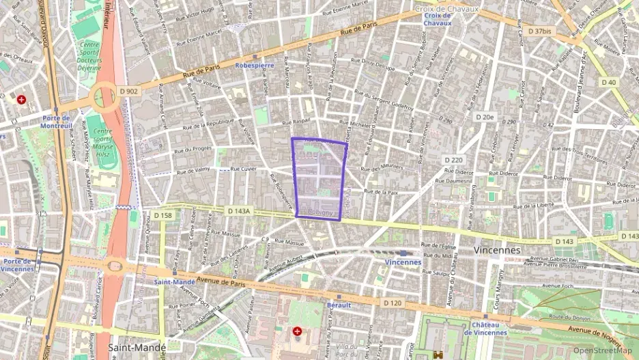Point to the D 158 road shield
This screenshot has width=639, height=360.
(x=163, y=215)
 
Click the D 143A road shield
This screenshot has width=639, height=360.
(x=242, y=212)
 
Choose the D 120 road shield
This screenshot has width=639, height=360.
(x=392, y=303)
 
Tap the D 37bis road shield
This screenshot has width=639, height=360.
(x=539, y=31)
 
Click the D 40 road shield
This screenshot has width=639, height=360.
(x=608, y=82)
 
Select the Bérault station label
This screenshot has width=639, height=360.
(x=339, y=305)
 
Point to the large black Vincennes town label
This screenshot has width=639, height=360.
(x=497, y=251)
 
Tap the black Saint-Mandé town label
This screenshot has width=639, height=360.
(x=137, y=348)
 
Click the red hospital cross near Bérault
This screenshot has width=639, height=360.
(x=297, y=331)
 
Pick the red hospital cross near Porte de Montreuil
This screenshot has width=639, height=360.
(x=22, y=99)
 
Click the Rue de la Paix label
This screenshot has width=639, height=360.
(x=381, y=192)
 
